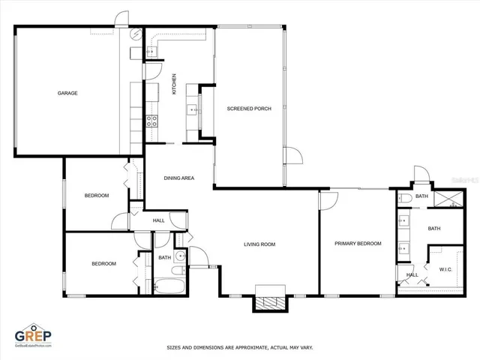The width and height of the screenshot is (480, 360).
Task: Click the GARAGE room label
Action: point(67,93)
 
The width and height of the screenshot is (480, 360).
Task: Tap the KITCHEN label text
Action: point(174,83)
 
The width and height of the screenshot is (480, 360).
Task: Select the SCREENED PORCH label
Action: point(249,109)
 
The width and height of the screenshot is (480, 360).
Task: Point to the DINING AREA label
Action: point(179,178)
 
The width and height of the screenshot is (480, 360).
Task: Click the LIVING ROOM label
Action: point(259,244)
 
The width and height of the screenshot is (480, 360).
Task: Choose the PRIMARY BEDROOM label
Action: point(358,243)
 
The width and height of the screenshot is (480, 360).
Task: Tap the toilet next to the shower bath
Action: point(405,198)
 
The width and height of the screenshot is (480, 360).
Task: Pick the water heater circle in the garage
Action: point(136,35)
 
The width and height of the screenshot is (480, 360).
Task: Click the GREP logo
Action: point(34,337)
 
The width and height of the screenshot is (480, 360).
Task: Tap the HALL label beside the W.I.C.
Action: point(412,274)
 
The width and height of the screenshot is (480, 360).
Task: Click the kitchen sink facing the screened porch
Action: point(192,110)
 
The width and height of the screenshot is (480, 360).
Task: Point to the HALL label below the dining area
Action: point(159,220)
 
